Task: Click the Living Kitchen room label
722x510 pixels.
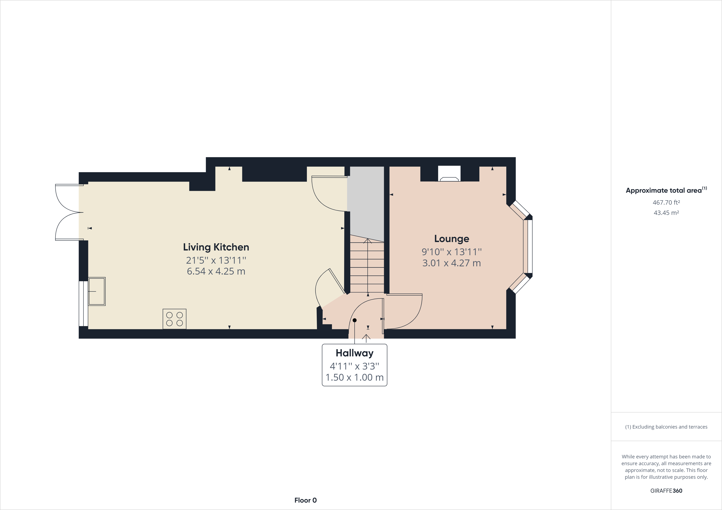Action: (x=216, y=247)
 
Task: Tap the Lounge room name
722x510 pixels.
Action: (x=452, y=239)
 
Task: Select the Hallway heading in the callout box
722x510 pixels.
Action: (x=354, y=353)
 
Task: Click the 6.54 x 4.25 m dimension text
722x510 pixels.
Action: (x=216, y=271)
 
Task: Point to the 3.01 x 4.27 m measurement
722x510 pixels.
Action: (x=452, y=263)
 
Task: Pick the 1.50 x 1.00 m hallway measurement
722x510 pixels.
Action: (x=354, y=377)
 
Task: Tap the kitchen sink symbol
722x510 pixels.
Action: (x=97, y=291)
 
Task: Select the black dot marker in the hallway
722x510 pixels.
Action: (x=354, y=320)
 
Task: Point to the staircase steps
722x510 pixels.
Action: (x=367, y=267)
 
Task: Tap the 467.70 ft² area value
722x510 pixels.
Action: (x=666, y=203)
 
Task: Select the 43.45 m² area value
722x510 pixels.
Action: (x=666, y=213)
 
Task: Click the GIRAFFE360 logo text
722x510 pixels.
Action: (x=666, y=490)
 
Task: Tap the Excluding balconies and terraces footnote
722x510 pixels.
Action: (x=666, y=427)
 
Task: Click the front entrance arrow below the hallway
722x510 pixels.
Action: (x=366, y=338)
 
